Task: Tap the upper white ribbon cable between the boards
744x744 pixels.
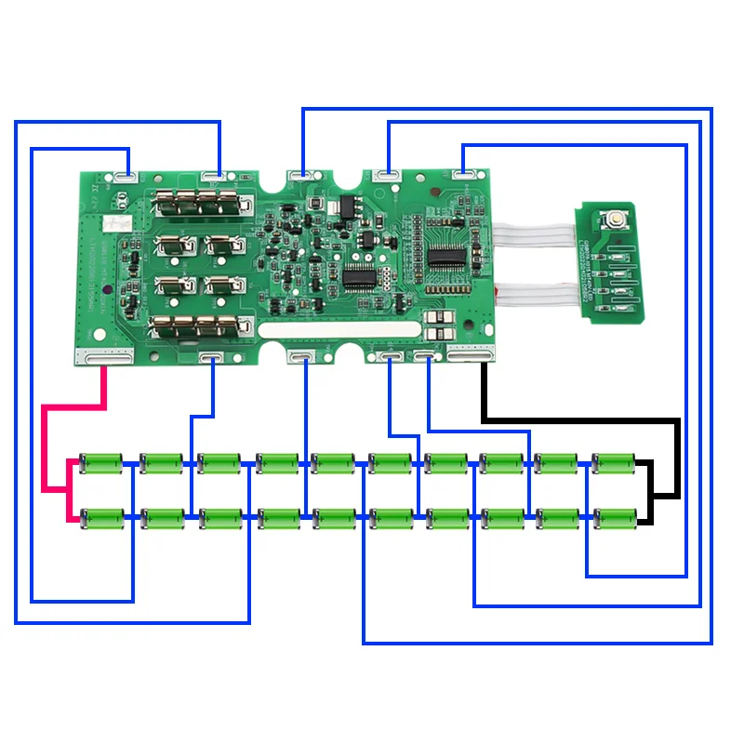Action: tap(536, 236)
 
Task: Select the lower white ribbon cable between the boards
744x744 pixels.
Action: tap(536, 293)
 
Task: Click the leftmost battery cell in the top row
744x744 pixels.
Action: tap(102, 462)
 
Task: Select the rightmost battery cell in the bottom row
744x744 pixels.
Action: tap(614, 516)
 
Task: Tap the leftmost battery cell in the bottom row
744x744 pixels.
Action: tap(102, 516)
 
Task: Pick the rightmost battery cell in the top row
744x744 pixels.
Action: tap(614, 462)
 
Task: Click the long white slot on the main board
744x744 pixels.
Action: tap(339, 330)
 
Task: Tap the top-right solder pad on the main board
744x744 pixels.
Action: tap(464, 172)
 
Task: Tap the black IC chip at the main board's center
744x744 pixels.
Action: tap(359, 276)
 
